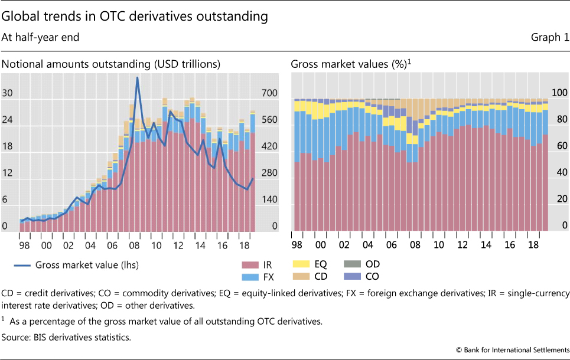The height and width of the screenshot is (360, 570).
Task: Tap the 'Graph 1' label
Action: click(x=550, y=37)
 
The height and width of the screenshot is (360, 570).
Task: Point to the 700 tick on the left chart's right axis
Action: click(x=269, y=93)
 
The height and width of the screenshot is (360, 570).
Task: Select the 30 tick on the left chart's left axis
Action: click(x=8, y=93)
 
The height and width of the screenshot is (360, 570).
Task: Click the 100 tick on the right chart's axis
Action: click(x=559, y=93)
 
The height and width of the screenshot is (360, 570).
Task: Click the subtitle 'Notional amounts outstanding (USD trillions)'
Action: click(x=111, y=64)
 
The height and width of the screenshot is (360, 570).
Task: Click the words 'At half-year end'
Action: click(x=40, y=37)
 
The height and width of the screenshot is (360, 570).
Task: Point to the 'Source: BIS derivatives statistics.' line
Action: click(x=66, y=337)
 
